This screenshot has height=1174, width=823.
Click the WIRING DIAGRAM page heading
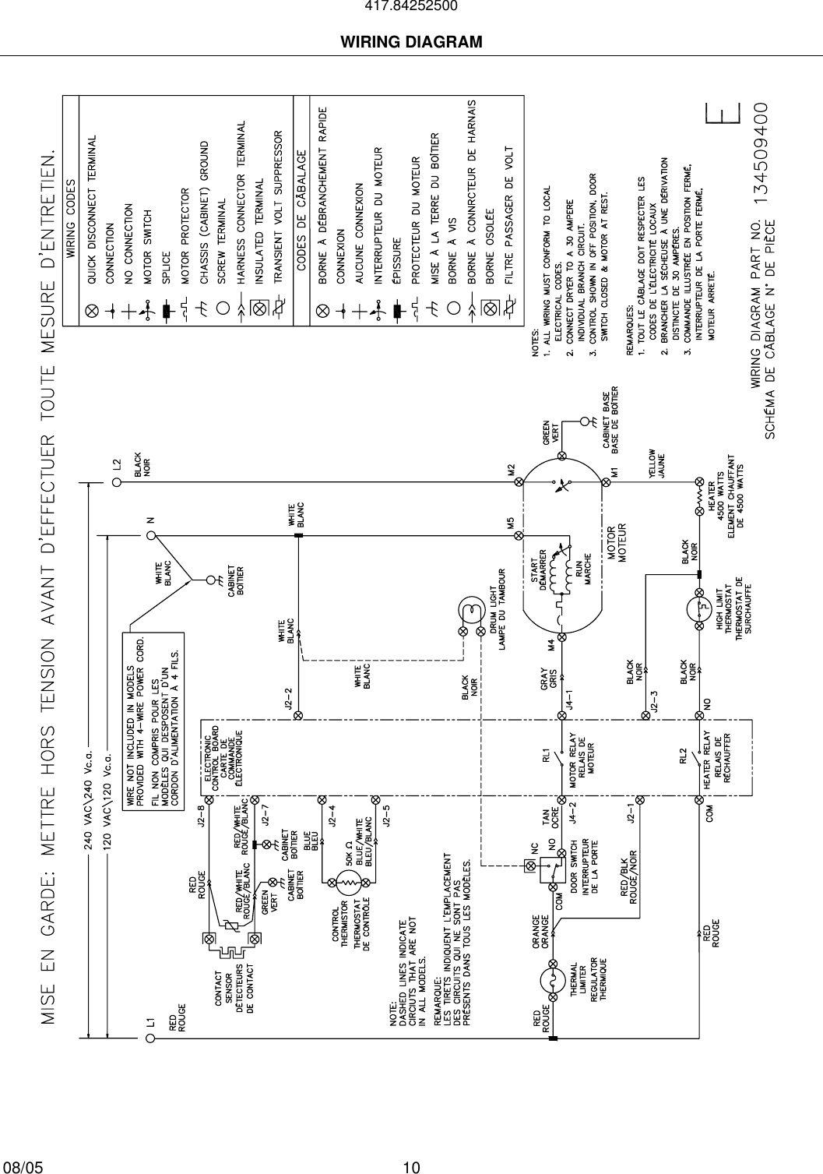(411, 41)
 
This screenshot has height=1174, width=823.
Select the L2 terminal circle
(117, 482)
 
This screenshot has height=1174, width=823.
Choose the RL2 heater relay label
(683, 756)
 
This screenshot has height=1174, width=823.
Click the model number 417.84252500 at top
(411, 7)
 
